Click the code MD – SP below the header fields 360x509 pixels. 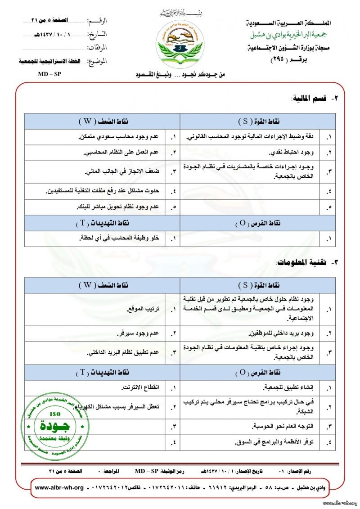49,74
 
